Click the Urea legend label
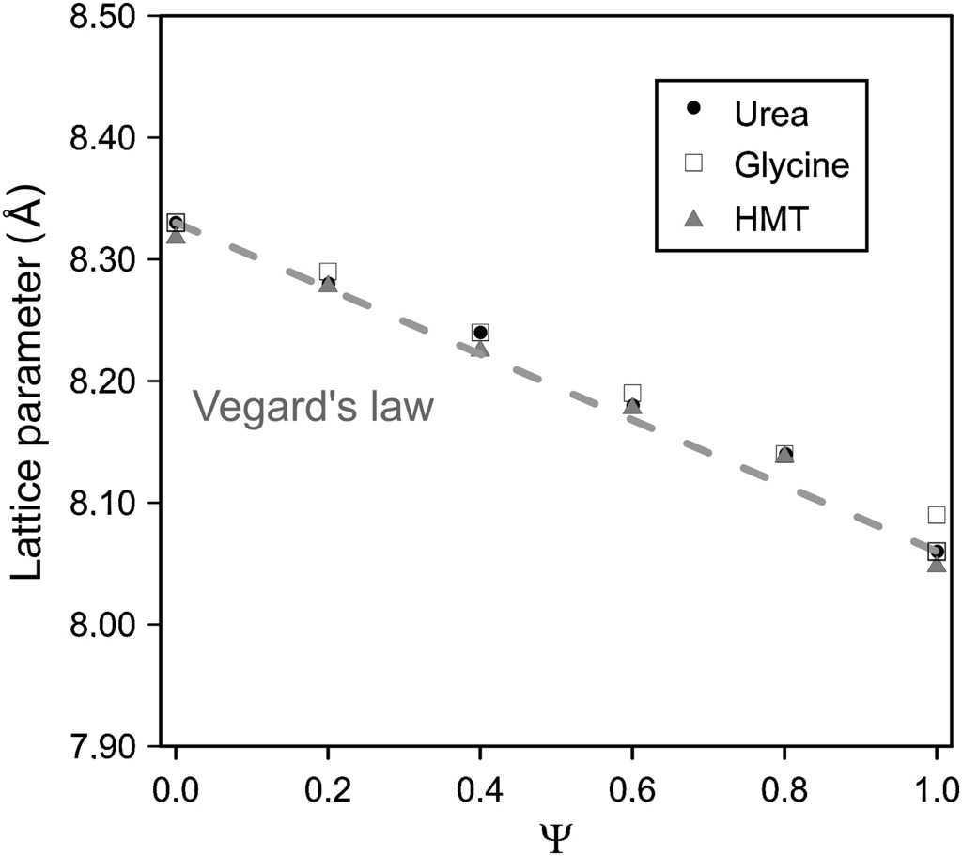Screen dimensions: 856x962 (771, 114)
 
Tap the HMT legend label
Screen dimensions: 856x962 (767, 218)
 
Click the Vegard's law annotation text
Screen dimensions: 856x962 (313, 408)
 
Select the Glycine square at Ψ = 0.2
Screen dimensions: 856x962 (328, 272)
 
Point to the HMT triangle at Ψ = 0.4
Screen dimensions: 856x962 (480, 350)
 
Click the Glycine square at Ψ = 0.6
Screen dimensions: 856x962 (632, 393)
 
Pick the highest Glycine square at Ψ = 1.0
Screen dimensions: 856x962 (937, 514)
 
